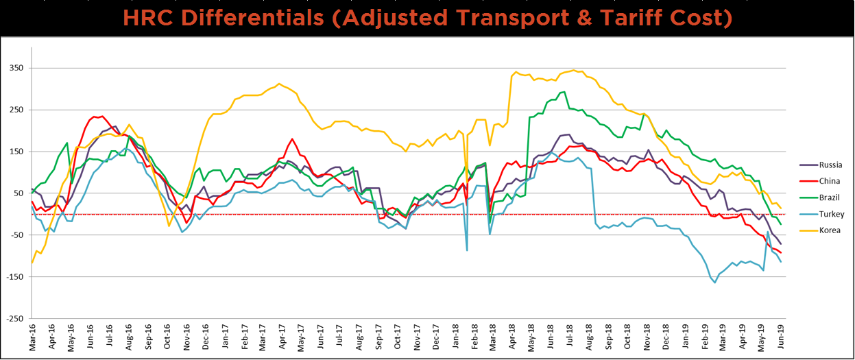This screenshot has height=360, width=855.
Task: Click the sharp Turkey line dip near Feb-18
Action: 467,250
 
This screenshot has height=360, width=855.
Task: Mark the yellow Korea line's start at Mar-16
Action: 32,263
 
